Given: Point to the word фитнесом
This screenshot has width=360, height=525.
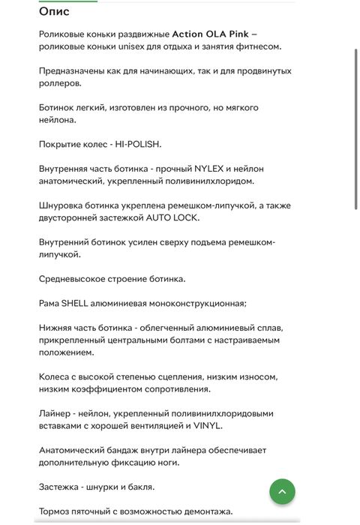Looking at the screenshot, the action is [x=258, y=46].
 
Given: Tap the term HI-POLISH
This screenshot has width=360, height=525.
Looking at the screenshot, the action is [x=138, y=144].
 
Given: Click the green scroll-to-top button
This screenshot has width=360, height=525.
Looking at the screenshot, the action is [x=282, y=492].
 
